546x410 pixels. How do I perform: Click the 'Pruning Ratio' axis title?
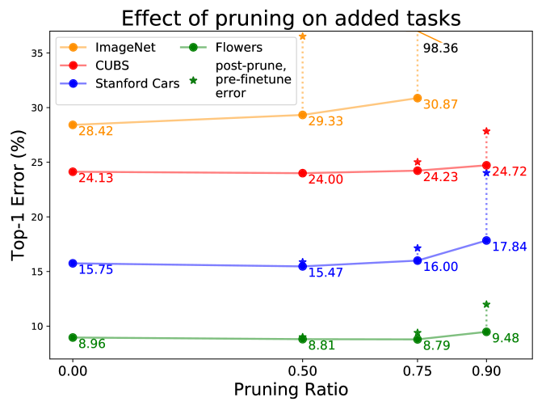click(291, 390)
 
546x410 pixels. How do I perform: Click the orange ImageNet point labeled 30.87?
click(418, 98)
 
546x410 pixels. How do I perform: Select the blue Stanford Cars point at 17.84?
click(486, 240)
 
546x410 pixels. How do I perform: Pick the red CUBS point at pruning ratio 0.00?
click(73, 171)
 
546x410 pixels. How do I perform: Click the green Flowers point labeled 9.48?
click(486, 332)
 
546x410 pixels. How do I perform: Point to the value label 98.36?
click(440, 49)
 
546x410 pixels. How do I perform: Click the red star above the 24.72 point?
click(486, 131)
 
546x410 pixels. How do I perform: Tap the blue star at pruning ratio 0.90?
click(486, 172)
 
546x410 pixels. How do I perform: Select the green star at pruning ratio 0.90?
click(486, 304)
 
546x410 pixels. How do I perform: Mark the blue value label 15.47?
click(325, 273)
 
